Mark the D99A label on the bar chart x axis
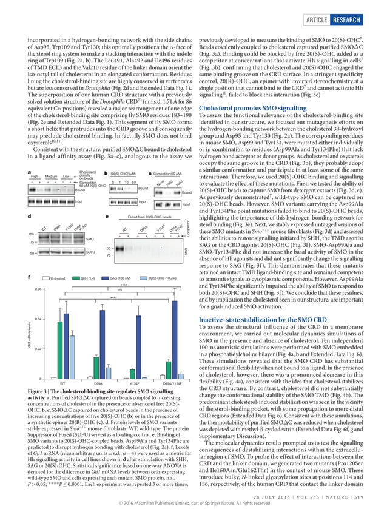98,384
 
